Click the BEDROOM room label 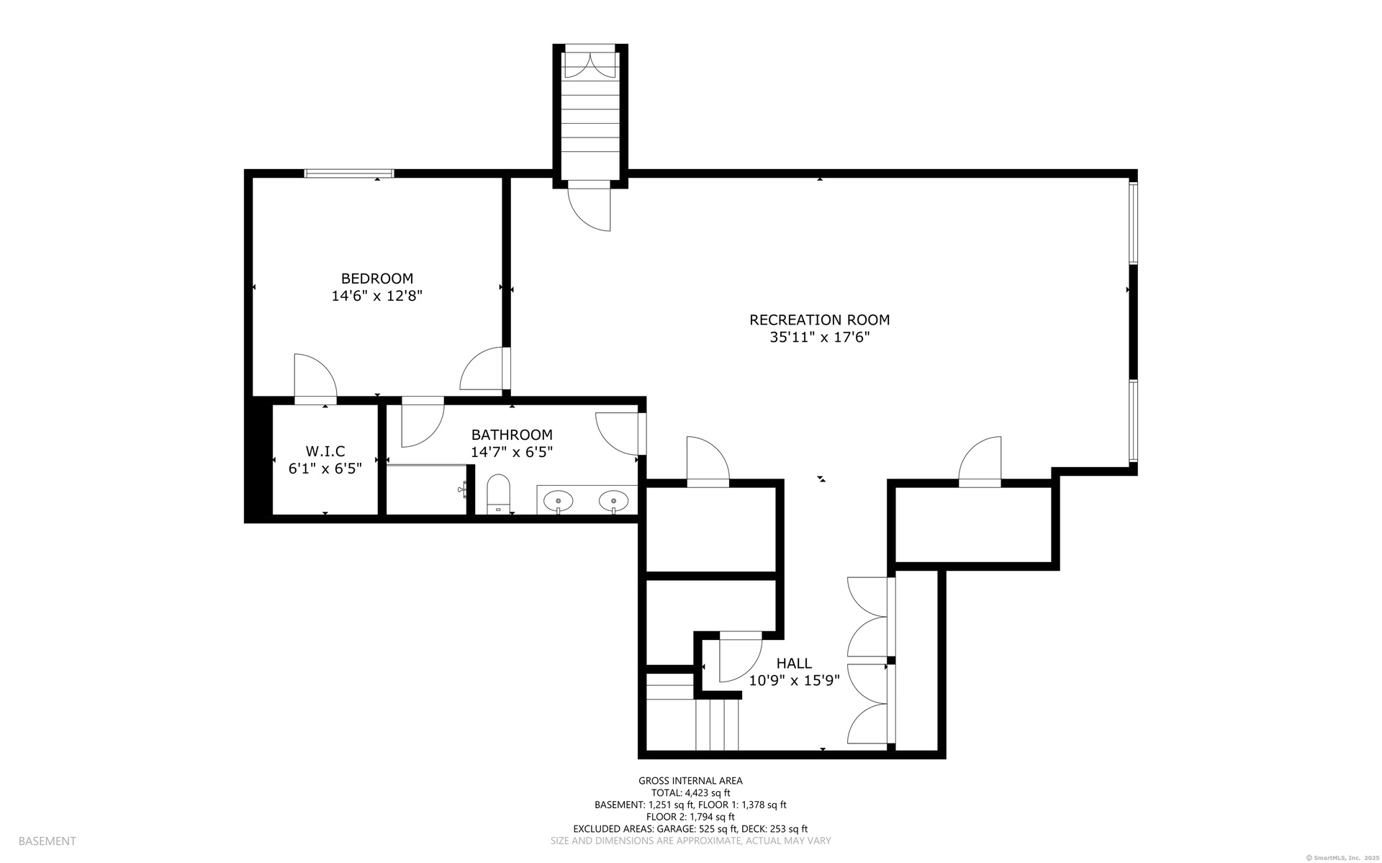tap(377, 279)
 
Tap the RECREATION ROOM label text tap(820, 320)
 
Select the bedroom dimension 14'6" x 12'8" tap(376, 296)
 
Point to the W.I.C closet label tap(325, 451)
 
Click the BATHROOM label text tap(512, 435)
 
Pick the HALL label tap(794, 664)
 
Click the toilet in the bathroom tap(498, 494)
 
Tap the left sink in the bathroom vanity tap(557, 500)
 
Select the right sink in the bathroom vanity tap(613, 500)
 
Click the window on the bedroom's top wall tap(349, 173)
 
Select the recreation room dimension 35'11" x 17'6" tap(820, 338)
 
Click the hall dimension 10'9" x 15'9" tap(794, 681)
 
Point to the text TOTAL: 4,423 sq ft tap(690, 792)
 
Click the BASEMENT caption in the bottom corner tap(47, 841)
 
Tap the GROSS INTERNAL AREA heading tap(690, 780)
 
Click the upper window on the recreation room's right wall tap(1133, 223)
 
